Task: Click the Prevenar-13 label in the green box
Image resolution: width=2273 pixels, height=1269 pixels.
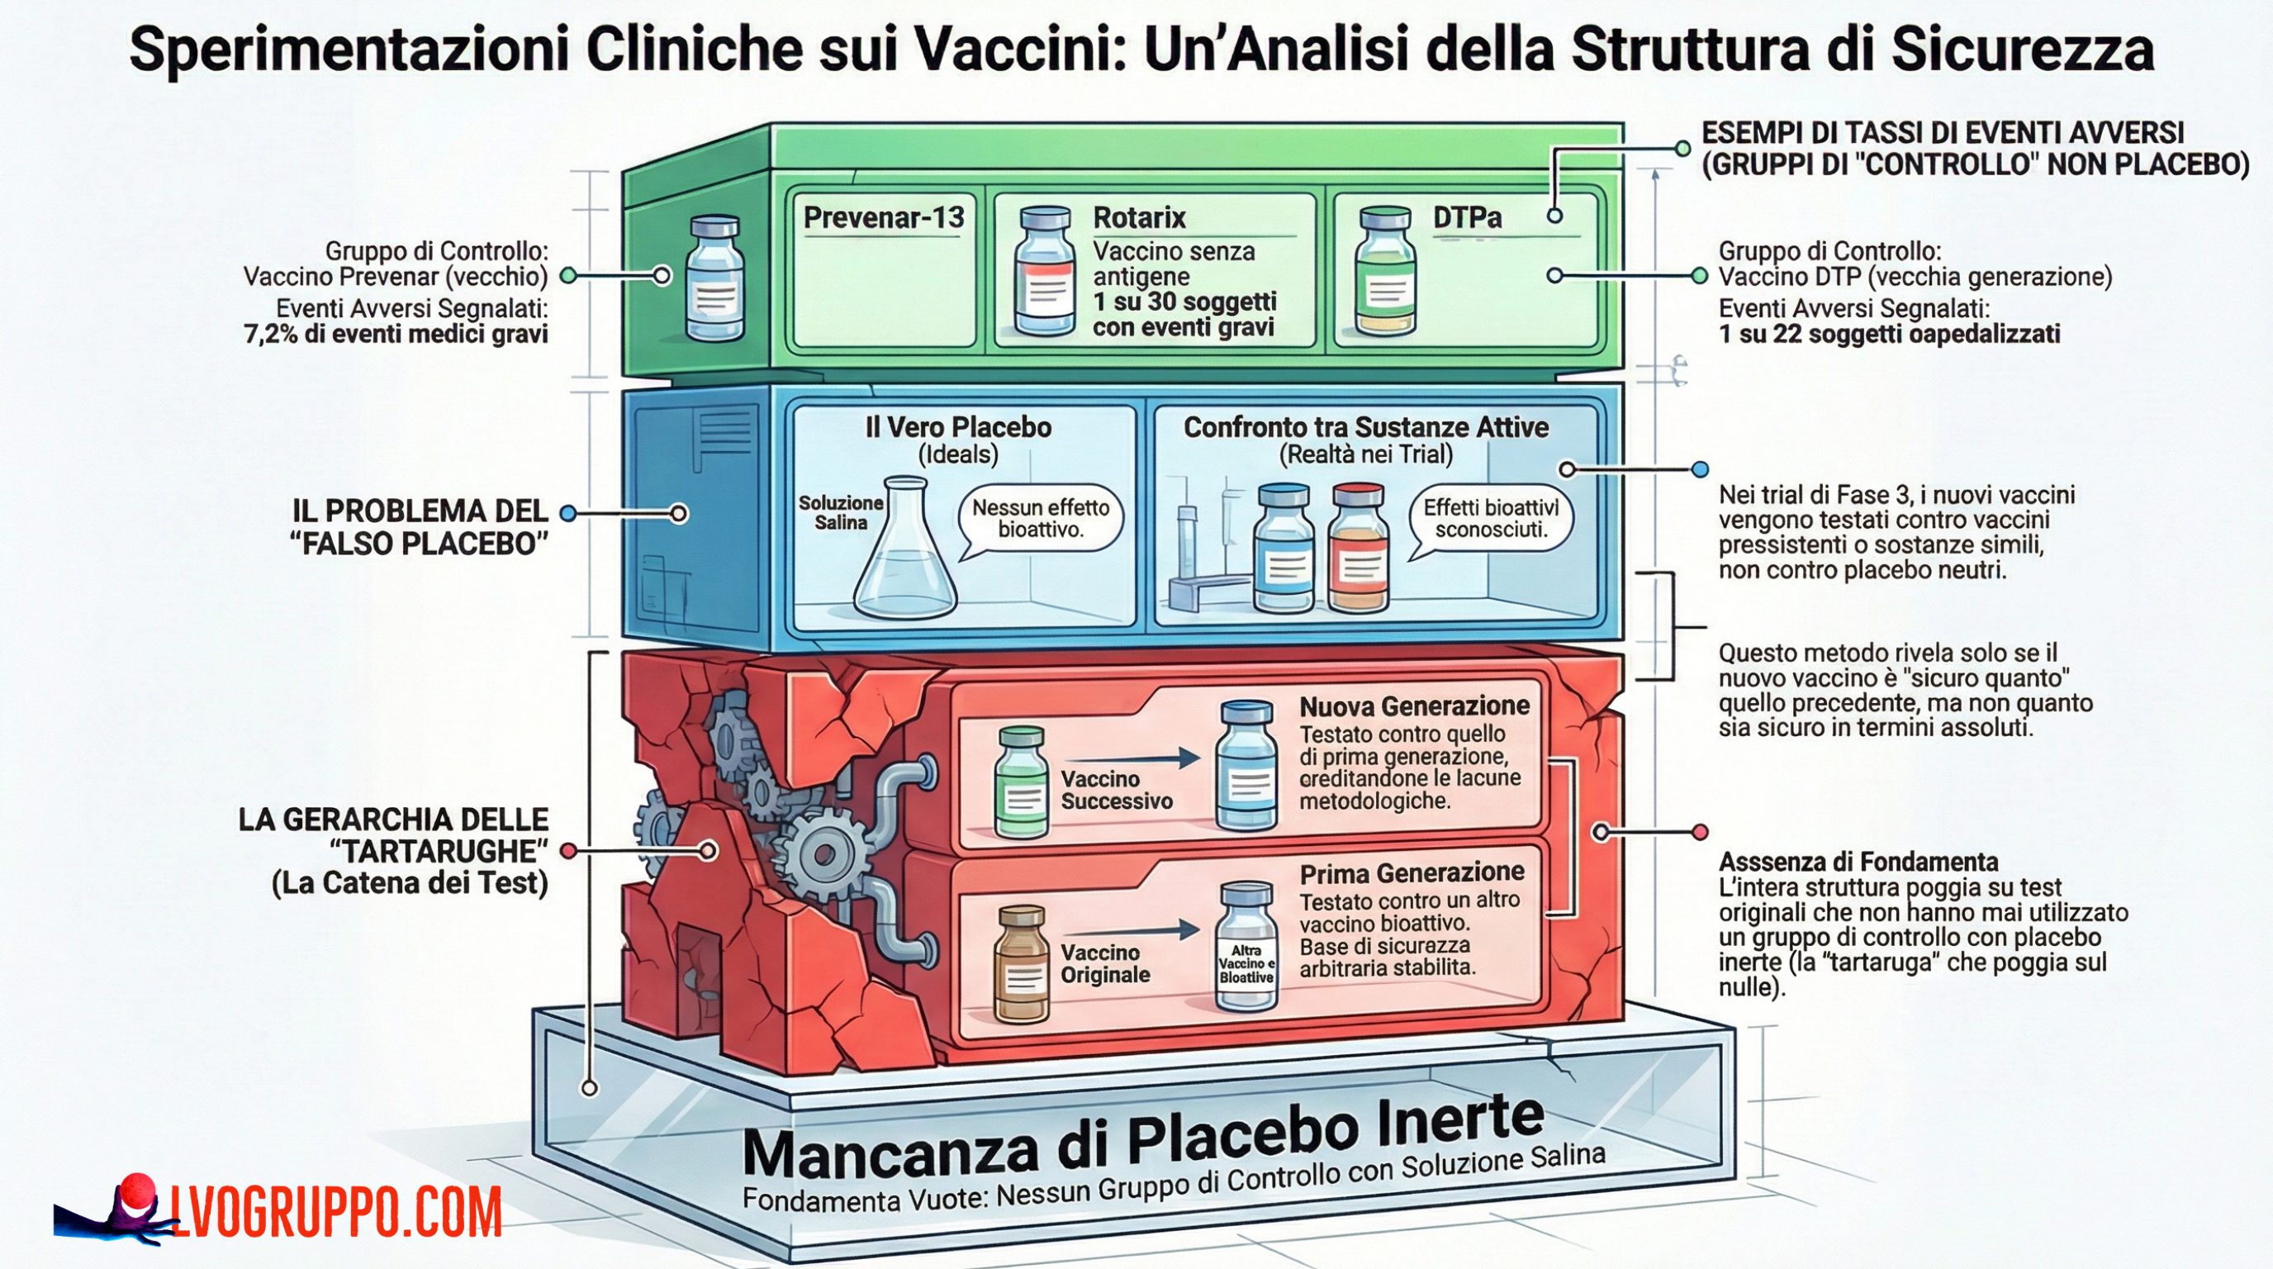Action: (x=883, y=218)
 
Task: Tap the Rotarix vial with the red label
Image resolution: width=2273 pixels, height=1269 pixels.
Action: (x=1045, y=271)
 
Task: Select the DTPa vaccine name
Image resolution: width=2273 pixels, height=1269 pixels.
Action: (x=1467, y=217)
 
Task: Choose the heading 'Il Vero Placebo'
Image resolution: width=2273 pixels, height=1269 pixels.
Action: (x=958, y=428)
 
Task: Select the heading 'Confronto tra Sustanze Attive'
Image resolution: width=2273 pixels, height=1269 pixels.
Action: (x=1365, y=428)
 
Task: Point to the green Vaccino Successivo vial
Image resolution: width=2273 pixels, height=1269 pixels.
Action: (x=1021, y=782)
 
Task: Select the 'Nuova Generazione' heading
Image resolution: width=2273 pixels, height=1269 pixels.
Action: (x=1413, y=706)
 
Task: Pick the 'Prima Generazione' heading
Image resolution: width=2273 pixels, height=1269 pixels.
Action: (x=1412, y=873)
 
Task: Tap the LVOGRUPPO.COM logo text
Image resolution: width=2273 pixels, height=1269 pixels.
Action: (x=335, y=1212)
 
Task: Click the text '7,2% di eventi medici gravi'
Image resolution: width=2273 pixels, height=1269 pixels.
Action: (x=396, y=335)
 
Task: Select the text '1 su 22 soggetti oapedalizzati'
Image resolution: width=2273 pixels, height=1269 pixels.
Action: (x=1888, y=335)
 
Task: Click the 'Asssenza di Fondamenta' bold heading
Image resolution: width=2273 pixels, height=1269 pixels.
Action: (x=1858, y=862)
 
